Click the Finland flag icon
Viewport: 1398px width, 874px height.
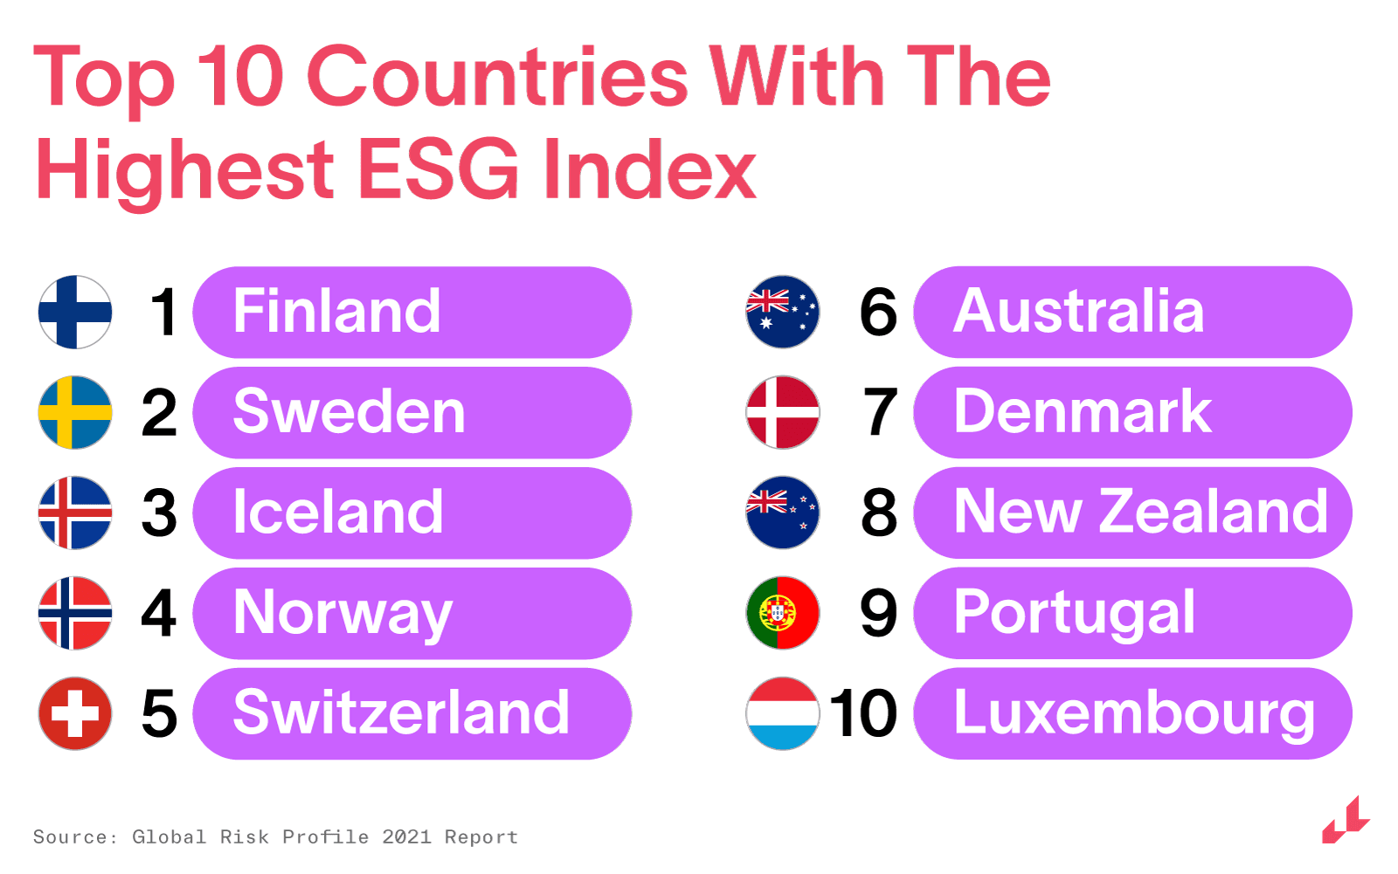[x=75, y=312]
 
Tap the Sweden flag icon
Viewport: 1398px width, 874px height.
[x=75, y=412]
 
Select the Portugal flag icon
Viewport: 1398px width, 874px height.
[x=783, y=613]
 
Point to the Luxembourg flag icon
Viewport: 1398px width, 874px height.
[x=783, y=713]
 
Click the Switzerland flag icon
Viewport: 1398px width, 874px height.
[x=75, y=713]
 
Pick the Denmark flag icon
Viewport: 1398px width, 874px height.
[x=783, y=412]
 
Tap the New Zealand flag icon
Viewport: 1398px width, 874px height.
[x=783, y=513]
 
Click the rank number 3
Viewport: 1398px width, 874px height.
[x=159, y=513]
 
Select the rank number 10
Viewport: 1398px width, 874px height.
[x=863, y=713]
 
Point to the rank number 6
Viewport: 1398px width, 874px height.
[x=878, y=312]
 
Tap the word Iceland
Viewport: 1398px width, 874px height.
[x=337, y=512]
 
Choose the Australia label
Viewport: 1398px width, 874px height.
[x=1078, y=311]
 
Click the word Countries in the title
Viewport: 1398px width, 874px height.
[x=497, y=76]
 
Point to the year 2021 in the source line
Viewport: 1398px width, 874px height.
[x=406, y=836]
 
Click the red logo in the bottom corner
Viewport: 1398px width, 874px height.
[x=1346, y=820]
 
